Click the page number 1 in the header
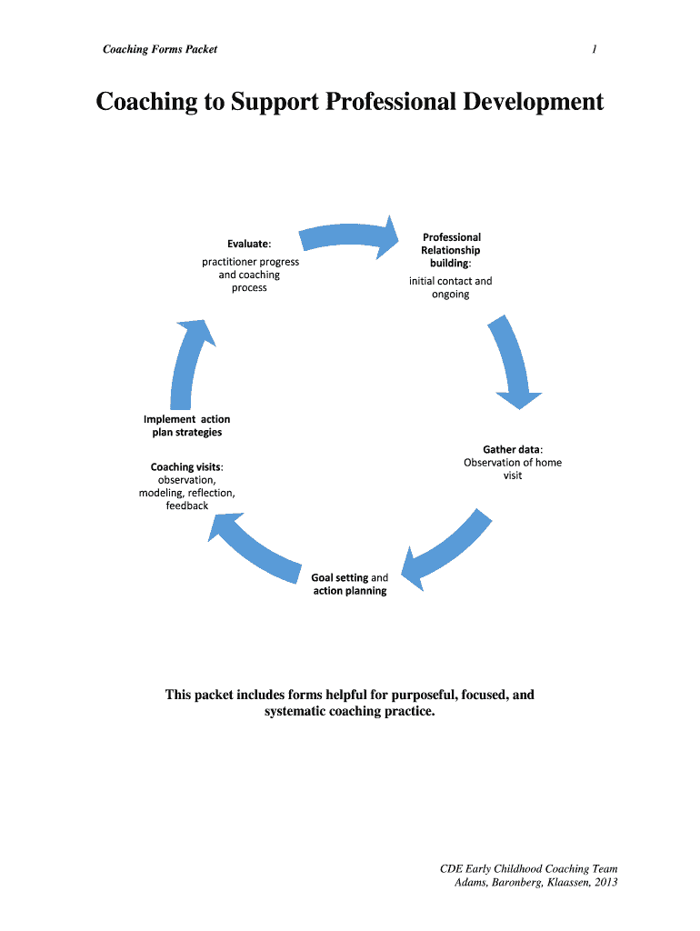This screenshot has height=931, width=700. pyautogui.click(x=594, y=49)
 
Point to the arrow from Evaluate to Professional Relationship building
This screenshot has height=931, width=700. pyautogui.click(x=350, y=235)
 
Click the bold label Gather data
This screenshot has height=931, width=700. pyautogui.click(x=511, y=449)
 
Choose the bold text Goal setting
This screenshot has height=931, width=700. pyautogui.click(x=339, y=577)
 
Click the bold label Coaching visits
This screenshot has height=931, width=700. pyautogui.click(x=185, y=467)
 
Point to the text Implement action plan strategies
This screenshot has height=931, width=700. pyautogui.click(x=186, y=425)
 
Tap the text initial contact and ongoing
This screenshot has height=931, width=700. pyautogui.click(x=450, y=287)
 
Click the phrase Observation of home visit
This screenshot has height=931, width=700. pyautogui.click(x=513, y=468)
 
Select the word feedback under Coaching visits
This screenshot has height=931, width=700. pyautogui.click(x=186, y=506)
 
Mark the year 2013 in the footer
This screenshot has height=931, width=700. pyautogui.click(x=604, y=883)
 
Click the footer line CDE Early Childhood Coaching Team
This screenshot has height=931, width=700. pyautogui.click(x=528, y=869)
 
